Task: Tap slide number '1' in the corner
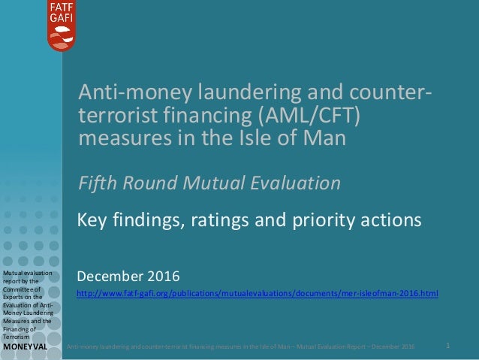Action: (447, 346)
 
